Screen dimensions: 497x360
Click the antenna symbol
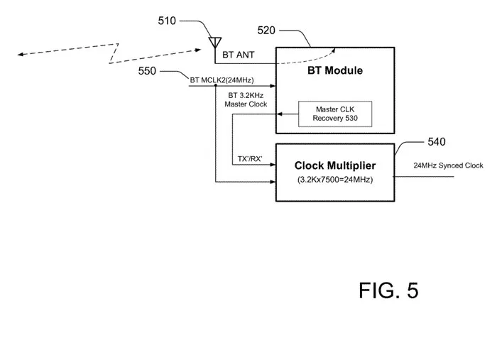(x=215, y=43)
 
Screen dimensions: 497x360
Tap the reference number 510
(x=167, y=21)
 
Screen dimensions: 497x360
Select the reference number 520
(x=266, y=31)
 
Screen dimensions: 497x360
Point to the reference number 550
(x=147, y=71)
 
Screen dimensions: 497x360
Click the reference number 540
(x=437, y=141)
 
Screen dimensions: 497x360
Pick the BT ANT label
(x=239, y=55)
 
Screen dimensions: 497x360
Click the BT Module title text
(x=335, y=70)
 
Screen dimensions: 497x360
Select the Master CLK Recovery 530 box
(x=335, y=114)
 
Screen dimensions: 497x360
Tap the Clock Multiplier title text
(x=335, y=165)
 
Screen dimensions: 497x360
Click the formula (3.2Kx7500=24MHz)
(x=335, y=180)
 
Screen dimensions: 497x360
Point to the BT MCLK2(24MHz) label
(x=222, y=80)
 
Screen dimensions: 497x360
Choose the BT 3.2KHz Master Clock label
(x=246, y=100)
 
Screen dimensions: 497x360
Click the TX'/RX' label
(x=250, y=159)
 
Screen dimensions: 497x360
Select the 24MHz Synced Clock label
(x=448, y=165)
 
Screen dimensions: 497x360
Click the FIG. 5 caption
(x=388, y=290)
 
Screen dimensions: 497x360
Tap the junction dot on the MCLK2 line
(x=216, y=86)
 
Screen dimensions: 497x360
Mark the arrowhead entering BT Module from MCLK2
(x=273, y=86)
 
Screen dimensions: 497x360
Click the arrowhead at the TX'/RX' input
(x=273, y=165)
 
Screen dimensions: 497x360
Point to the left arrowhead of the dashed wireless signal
(x=21, y=55)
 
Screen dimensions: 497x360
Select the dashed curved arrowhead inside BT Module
(x=333, y=50)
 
